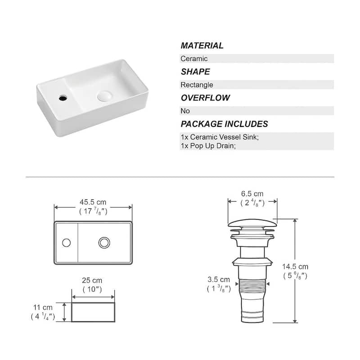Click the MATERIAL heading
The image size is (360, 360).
pyautogui.click(x=202, y=45)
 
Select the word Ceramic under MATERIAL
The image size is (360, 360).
pyautogui.click(x=194, y=58)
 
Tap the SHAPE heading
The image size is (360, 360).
pyautogui.click(x=195, y=72)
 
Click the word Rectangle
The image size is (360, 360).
pyautogui.click(x=197, y=85)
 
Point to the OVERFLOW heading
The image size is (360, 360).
pyautogui.click(x=205, y=98)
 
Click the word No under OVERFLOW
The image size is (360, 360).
pyautogui.click(x=185, y=111)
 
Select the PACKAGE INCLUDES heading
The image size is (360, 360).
pyautogui.click(x=224, y=124)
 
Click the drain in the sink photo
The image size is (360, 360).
pyautogui.click(x=104, y=95)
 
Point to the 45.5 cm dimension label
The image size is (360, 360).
pyautogui.click(x=93, y=202)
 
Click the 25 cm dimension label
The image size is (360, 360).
pyautogui.click(x=93, y=280)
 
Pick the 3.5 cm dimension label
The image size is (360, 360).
pyautogui.click(x=219, y=279)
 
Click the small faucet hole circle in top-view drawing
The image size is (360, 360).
pyautogui.click(x=67, y=243)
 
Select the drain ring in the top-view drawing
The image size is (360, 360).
pyautogui.click(x=104, y=243)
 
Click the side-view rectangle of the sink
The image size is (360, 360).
pyautogui.click(x=93, y=312)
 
